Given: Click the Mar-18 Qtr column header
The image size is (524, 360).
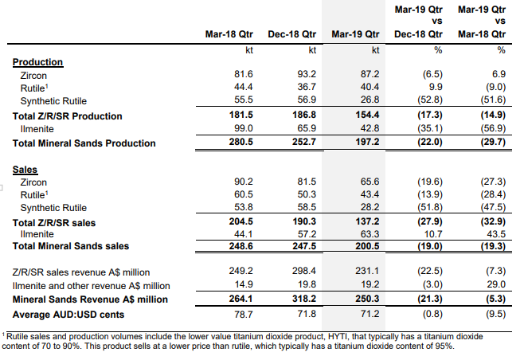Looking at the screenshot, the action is pyautogui.click(x=229, y=34).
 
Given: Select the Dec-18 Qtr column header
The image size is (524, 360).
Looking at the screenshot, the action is pyautogui.click(x=291, y=34).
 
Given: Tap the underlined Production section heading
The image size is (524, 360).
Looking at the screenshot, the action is pyautogui.click(x=37, y=62).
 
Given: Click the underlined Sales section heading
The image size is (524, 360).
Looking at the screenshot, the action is pyautogui.click(x=25, y=170).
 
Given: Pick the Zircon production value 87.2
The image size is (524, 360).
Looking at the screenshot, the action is pyautogui.click(x=370, y=74).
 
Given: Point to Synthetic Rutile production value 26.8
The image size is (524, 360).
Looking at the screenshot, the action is pyautogui.click(x=370, y=100).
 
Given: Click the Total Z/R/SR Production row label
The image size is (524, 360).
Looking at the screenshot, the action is pyautogui.click(x=68, y=116).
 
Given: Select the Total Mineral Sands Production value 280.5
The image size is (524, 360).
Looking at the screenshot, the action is pyautogui.click(x=240, y=142).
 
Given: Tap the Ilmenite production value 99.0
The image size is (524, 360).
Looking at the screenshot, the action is pyautogui.click(x=244, y=128).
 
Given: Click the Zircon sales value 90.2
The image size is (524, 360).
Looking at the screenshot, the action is pyautogui.click(x=244, y=182).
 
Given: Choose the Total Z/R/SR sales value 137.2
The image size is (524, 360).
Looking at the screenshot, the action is pyautogui.click(x=367, y=221).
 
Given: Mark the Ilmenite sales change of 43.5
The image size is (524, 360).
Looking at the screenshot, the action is pyautogui.click(x=496, y=234).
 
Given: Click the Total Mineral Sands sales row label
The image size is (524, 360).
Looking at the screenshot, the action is pyautogui.click(x=71, y=246).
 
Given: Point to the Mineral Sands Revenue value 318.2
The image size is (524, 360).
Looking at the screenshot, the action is pyautogui.click(x=304, y=298).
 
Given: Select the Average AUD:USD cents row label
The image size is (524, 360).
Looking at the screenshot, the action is pyautogui.click(x=68, y=315).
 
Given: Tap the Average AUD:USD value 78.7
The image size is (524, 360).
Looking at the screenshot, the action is pyautogui.click(x=244, y=315).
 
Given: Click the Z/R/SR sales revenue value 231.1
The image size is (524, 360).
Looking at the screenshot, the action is pyautogui.click(x=367, y=271).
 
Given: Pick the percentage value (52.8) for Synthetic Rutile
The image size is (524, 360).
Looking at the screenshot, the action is pyautogui.click(x=430, y=100).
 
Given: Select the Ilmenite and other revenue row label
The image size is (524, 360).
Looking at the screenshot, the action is pyautogui.click(x=92, y=286).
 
